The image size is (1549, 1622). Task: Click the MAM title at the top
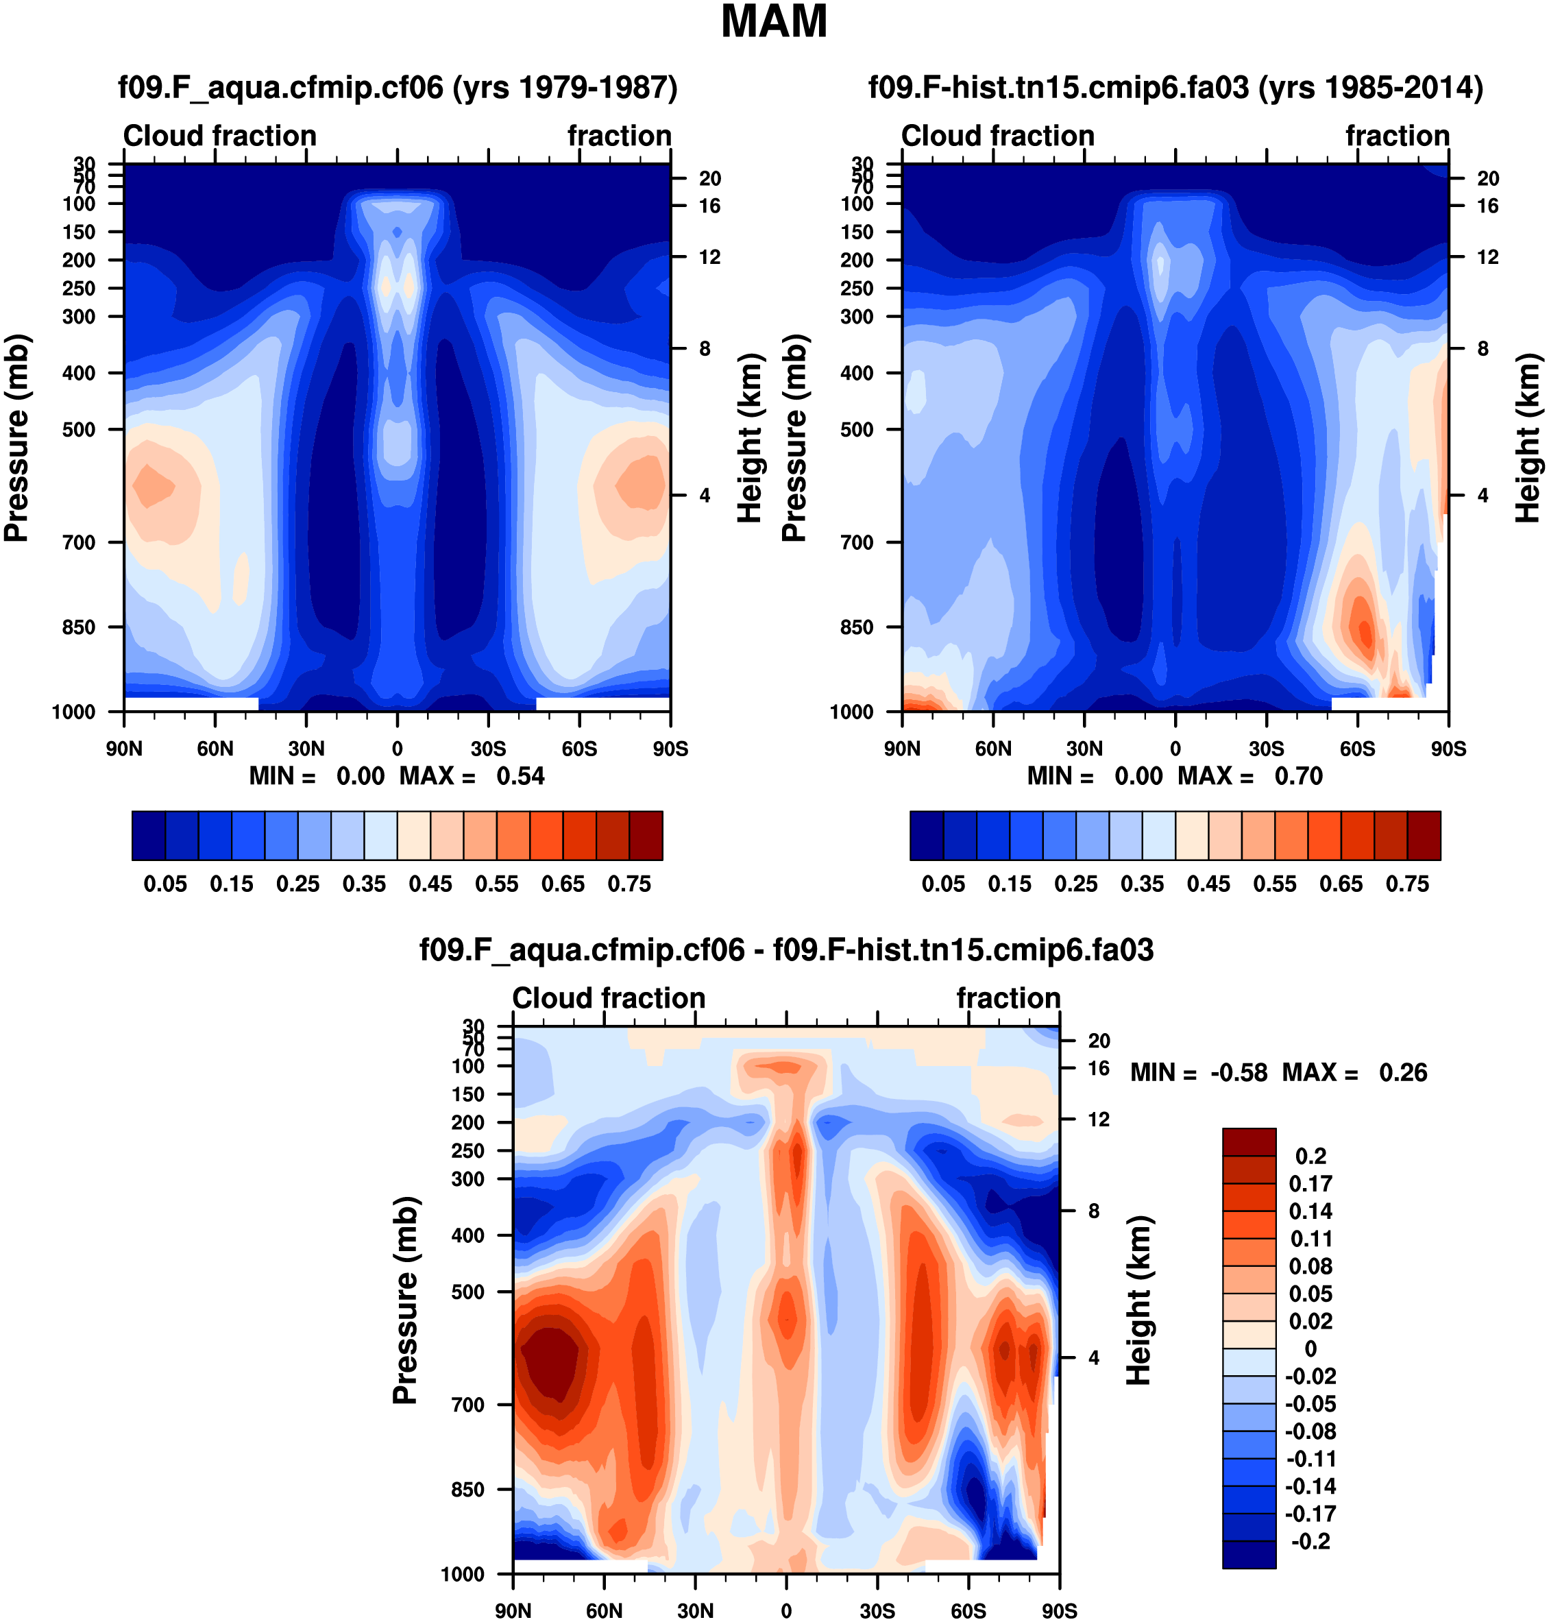point(774,23)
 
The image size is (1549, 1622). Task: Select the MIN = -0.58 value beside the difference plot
point(1198,1073)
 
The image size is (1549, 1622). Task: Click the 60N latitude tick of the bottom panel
point(605,1611)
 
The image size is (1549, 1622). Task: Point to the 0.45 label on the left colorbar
point(430,884)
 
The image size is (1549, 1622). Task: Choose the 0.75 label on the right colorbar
point(1407,884)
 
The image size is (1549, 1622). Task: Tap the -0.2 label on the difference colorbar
point(1310,1542)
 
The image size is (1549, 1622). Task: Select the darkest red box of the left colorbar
point(646,836)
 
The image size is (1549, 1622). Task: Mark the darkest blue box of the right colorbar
point(927,836)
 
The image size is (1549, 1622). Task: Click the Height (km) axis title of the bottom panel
point(1138,1300)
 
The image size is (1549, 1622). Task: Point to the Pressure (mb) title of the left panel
point(16,437)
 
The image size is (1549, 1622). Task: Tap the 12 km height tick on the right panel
point(1488,258)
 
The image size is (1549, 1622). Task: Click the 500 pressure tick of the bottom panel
point(468,1292)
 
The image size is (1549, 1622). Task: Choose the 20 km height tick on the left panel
point(710,178)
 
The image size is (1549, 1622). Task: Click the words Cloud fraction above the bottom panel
point(609,998)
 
